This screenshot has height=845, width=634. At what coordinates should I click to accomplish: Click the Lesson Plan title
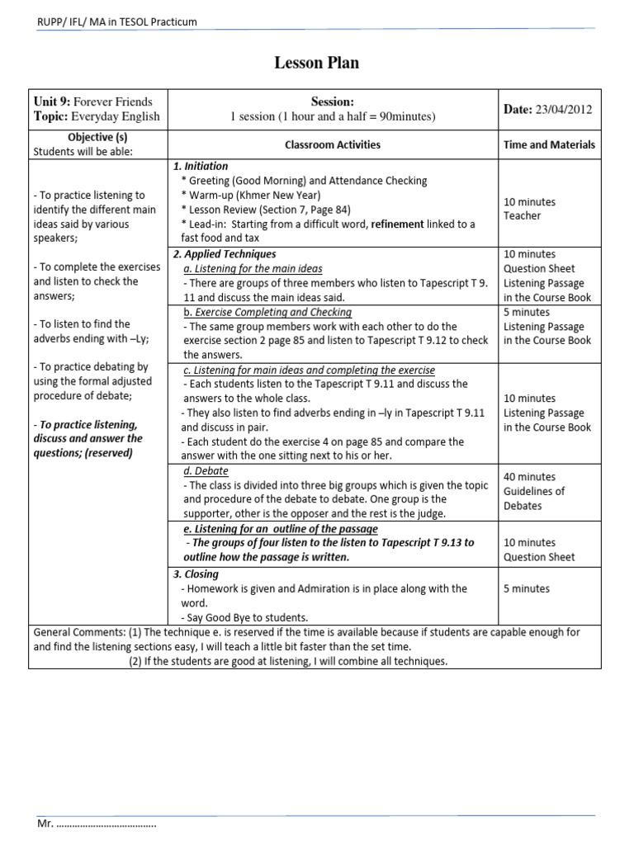coord(316,63)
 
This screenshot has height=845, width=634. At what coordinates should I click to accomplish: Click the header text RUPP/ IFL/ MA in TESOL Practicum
coord(118,21)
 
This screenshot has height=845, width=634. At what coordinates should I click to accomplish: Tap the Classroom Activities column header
coord(333,144)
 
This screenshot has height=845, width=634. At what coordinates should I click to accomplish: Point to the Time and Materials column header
coord(549,144)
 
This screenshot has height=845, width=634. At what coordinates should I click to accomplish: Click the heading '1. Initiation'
coord(201,166)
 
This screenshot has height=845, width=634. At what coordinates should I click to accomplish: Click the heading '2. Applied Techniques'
coord(225,254)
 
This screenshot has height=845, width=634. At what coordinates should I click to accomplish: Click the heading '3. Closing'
coord(196,574)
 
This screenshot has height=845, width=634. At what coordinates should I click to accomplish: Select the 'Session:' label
coord(333,102)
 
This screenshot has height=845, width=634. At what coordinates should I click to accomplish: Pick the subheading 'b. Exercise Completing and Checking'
coord(267,312)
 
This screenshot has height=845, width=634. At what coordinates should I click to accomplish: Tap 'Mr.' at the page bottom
coord(45,824)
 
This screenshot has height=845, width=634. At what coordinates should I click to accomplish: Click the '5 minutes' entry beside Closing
coord(526,589)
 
